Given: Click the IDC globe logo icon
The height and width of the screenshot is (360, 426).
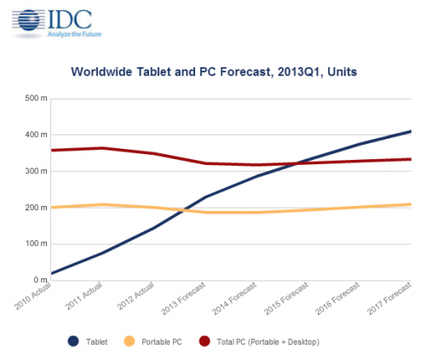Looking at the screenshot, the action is tap(29, 20).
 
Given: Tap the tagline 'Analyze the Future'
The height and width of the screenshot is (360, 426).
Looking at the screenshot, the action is tap(74, 34).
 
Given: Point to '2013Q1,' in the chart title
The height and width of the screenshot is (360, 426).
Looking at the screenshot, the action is tap(300, 71).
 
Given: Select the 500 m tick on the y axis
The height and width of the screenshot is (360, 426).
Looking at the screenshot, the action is tap(36, 99).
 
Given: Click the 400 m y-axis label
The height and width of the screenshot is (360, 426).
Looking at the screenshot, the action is tap(36, 134).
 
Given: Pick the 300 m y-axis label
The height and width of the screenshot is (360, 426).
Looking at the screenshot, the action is tap(36, 171).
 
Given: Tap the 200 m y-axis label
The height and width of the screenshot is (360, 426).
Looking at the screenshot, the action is tap(36, 208).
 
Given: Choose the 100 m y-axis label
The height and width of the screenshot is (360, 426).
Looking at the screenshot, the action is tap(36, 243).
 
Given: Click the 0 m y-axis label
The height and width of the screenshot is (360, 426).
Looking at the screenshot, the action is tap(41, 280).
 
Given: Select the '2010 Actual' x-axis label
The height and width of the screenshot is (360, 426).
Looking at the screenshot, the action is tap(32, 296).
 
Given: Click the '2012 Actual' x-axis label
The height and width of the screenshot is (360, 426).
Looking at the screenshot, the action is tap(135, 296).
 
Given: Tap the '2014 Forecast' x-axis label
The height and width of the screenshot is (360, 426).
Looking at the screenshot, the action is tap(234, 299).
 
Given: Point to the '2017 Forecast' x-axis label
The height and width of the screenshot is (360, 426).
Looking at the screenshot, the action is tap(389, 299).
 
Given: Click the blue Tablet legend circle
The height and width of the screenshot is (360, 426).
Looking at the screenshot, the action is tap(73, 341).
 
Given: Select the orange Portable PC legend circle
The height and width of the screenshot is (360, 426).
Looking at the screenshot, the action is tap(130, 341).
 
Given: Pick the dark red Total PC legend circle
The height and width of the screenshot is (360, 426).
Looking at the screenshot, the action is tap(204, 341).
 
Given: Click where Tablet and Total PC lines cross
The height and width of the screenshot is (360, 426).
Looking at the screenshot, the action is tap(296, 163).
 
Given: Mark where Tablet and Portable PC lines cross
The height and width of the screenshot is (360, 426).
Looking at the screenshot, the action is tap(184, 210).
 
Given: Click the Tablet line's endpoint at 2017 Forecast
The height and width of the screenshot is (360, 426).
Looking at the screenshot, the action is tap(411, 131).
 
